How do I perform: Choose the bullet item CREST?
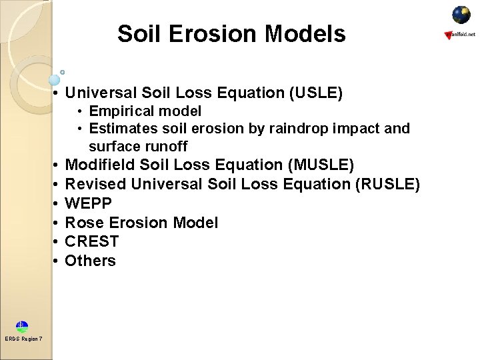(x=91, y=241)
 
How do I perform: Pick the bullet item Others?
(x=90, y=261)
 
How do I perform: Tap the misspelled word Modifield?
(x=101, y=165)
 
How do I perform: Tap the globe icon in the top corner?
(x=461, y=15)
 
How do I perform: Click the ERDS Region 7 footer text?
(x=23, y=339)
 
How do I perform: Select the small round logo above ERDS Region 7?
(x=23, y=327)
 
